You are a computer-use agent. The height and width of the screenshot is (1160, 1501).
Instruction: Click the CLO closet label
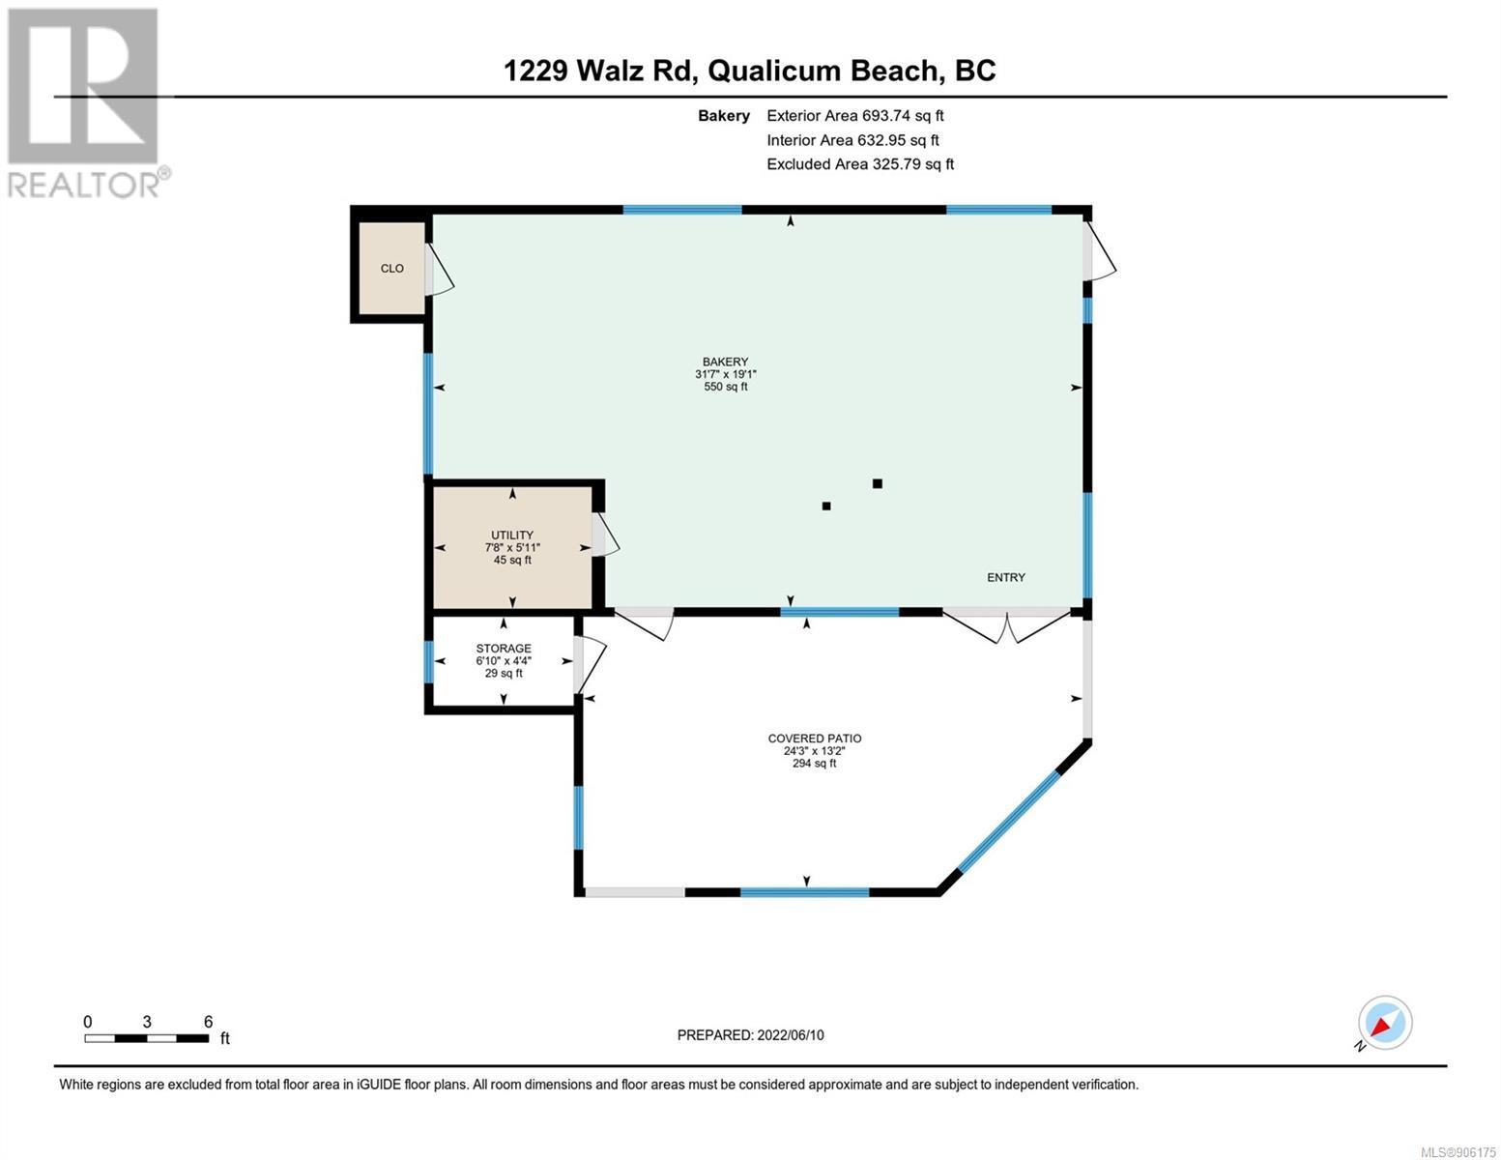(391, 268)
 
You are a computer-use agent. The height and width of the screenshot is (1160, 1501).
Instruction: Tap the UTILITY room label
(512, 535)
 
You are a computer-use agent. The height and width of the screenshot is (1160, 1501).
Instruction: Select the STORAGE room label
(504, 648)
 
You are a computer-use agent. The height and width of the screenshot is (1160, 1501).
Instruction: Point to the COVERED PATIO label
(815, 738)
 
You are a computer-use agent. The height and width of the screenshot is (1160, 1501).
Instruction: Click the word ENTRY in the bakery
(1006, 577)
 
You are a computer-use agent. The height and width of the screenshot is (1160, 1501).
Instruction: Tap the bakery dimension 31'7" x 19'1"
(725, 374)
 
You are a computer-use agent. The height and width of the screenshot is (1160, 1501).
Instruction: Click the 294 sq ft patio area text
(815, 763)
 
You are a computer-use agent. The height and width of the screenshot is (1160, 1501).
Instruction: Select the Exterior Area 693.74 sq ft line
(854, 116)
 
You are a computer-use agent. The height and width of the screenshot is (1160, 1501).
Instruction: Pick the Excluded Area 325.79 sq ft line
(860, 164)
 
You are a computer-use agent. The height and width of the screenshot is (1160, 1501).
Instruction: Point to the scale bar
(147, 1038)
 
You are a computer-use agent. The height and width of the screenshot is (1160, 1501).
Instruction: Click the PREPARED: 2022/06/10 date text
(750, 1035)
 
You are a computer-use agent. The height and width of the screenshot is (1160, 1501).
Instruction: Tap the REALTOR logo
(86, 103)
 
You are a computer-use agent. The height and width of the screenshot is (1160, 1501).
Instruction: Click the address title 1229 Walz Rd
(599, 71)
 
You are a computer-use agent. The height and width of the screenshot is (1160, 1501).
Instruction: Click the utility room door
(605, 535)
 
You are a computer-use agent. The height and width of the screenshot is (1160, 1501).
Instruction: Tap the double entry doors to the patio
(1006, 626)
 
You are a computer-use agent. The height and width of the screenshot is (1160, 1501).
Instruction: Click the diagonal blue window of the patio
(1008, 820)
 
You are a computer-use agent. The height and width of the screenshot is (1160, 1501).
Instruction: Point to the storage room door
(590, 665)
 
